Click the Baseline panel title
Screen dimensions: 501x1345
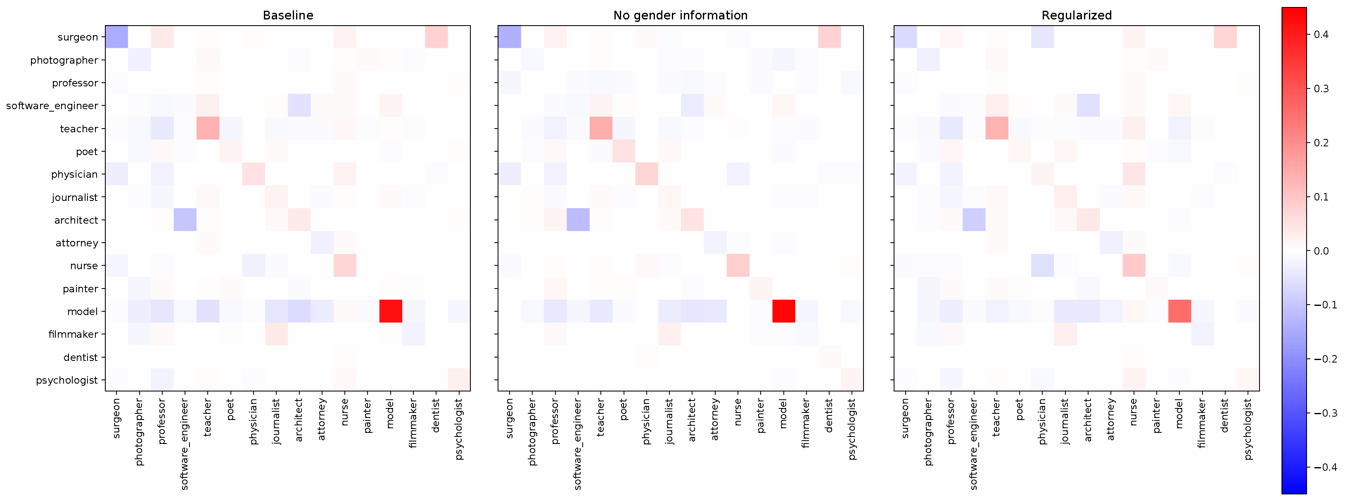[288, 15]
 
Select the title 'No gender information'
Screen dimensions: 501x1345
[680, 15]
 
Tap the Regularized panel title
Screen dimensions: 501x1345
[1076, 15]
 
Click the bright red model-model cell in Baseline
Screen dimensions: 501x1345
[391, 311]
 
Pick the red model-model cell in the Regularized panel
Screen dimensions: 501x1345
[1179, 311]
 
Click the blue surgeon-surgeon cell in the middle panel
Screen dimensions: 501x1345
[509, 36]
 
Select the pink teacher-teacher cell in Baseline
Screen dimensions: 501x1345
[208, 128]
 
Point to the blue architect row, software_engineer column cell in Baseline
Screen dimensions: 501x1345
[185, 219]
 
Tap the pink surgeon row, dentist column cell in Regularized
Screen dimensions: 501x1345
[1225, 36]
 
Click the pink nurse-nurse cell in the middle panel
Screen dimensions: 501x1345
[738, 265]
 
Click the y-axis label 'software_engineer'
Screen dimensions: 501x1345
[52, 105]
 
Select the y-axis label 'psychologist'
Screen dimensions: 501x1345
[66, 380]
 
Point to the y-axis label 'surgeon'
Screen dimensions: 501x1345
[77, 37]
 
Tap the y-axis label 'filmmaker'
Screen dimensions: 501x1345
[73, 334]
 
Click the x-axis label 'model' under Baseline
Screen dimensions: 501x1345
[390, 414]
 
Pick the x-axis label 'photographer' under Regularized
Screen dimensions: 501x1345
[928, 432]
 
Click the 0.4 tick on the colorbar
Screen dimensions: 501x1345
[1321, 34]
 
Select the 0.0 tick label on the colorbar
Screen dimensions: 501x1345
[1321, 251]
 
